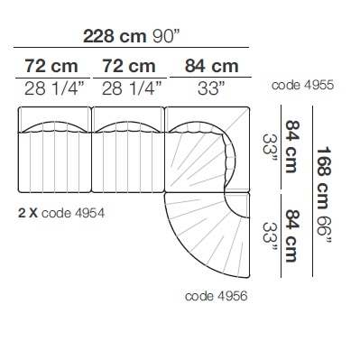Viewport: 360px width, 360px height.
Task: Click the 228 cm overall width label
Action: click(x=115, y=36)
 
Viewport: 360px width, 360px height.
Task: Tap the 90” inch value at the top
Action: click(x=166, y=36)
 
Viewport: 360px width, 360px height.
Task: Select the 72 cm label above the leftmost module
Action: click(x=51, y=66)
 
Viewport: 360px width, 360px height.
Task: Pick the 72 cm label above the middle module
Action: click(x=129, y=66)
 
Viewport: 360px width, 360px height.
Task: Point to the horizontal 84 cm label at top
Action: click(x=212, y=66)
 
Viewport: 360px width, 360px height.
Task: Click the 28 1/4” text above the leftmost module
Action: click(x=53, y=88)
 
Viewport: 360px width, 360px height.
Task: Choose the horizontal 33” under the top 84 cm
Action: click(x=211, y=88)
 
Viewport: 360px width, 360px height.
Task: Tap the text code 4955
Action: click(x=302, y=85)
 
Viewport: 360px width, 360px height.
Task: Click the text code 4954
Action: click(x=73, y=213)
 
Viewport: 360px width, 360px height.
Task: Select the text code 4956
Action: click(x=217, y=296)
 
